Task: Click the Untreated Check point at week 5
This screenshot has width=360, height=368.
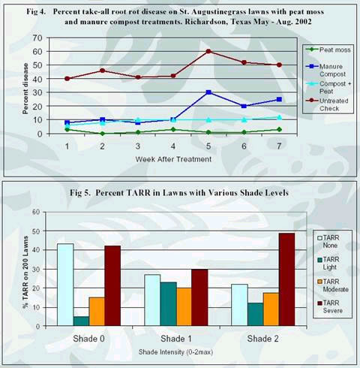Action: pyautogui.click(x=208, y=51)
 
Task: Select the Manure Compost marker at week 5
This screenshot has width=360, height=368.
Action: pyautogui.click(x=208, y=92)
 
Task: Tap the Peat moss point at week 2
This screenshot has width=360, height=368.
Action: pyautogui.click(x=102, y=134)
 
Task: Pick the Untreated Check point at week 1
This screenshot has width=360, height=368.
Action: pyautogui.click(x=67, y=79)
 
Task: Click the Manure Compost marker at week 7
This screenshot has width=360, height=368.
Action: pyautogui.click(x=279, y=99)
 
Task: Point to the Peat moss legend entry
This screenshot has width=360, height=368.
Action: pyautogui.click(x=328, y=50)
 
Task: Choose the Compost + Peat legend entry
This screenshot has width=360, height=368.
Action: pyautogui.click(x=328, y=87)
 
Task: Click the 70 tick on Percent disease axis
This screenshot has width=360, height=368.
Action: pyautogui.click(x=37, y=38)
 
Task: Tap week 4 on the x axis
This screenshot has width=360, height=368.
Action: pyautogui.click(x=173, y=146)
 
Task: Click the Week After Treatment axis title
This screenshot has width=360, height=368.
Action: pyautogui.click(x=173, y=159)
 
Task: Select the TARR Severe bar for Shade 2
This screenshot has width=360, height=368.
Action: pyautogui.click(x=286, y=279)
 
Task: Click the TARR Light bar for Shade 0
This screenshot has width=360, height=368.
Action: pyautogui.click(x=81, y=321)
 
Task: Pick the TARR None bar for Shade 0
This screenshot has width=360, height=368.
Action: pyautogui.click(x=65, y=285)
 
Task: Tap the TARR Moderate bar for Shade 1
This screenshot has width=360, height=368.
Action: pyautogui.click(x=184, y=306)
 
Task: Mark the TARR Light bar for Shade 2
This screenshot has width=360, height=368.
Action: pyautogui.click(x=256, y=314)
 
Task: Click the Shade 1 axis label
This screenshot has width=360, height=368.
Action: pyautogui.click(x=176, y=339)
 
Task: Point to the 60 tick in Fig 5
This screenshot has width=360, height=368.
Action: pyautogui.click(x=36, y=213)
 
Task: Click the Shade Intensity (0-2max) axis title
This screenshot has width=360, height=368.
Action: pyautogui.click(x=175, y=352)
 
